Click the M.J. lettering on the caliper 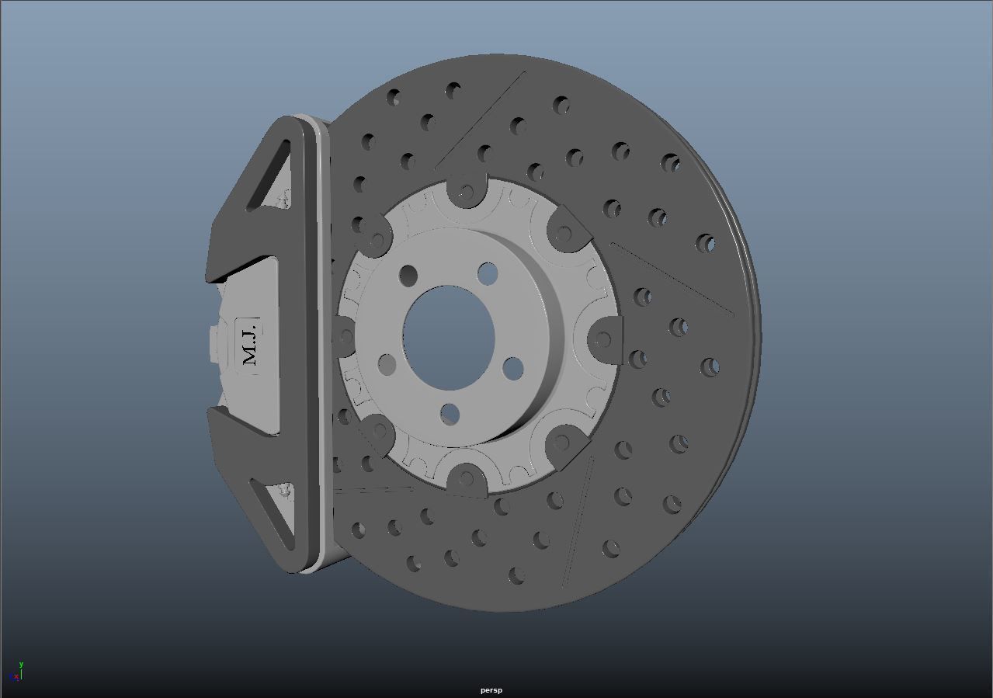[248, 345]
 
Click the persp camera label [491, 690]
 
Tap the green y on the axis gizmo [21, 665]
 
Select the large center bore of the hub [449, 336]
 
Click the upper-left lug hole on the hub [408, 275]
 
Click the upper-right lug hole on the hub [488, 273]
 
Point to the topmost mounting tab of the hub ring [465, 191]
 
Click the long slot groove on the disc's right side [672, 280]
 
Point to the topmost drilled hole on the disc [453, 91]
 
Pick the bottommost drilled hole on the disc [516, 576]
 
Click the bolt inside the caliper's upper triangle [283, 201]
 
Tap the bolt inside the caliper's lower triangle [286, 491]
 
